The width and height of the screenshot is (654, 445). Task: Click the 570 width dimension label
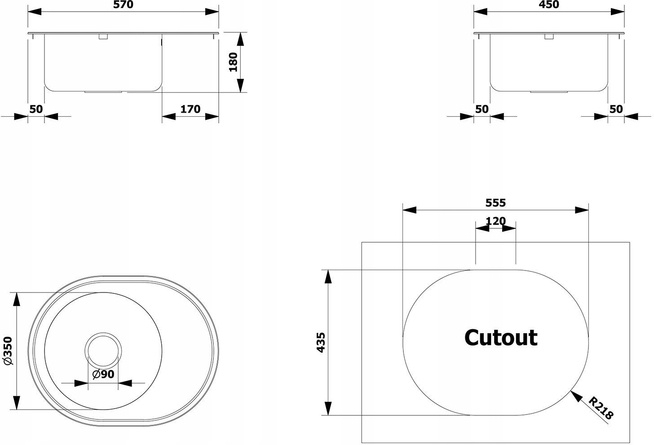tap(123, 4)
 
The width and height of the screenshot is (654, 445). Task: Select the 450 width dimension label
tap(549, 4)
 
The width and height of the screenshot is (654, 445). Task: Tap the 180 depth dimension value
tap(233, 62)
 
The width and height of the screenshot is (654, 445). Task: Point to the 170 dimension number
tap(190, 109)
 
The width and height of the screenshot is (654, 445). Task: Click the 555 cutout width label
tap(495, 203)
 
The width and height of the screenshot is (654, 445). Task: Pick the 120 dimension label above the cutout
tap(495, 221)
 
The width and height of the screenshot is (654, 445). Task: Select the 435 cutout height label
tap(321, 343)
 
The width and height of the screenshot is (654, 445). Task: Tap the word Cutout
tap(501, 338)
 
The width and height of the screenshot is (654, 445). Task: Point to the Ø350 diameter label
tap(8, 350)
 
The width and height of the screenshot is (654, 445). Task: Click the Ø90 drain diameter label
tap(103, 374)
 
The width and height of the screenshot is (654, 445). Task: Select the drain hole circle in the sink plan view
tap(103, 332)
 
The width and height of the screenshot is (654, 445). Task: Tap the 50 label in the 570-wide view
tap(36, 109)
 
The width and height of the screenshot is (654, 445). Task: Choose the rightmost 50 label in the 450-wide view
tap(616, 109)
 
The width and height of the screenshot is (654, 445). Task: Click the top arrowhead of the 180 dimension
tap(240, 39)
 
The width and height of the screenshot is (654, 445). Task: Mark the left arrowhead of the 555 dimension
tap(410, 210)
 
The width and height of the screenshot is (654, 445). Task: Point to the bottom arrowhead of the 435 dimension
tap(328, 408)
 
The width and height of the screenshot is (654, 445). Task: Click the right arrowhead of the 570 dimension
tap(212, 12)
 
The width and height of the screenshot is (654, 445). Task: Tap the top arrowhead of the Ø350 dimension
tap(17, 299)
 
